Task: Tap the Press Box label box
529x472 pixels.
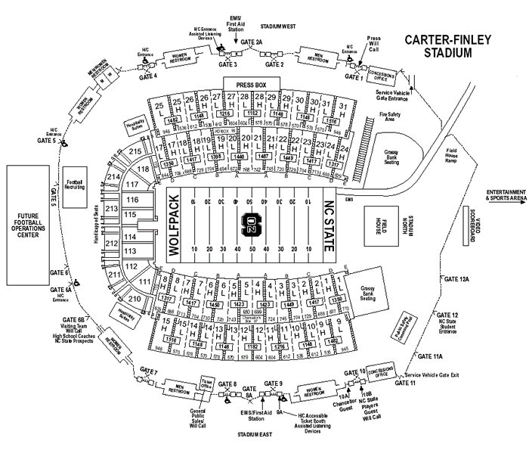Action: pyautogui.click(x=252, y=86)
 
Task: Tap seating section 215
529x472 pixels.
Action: pyautogui.click(x=135, y=152)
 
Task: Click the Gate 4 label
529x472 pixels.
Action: pyautogui.click(x=148, y=76)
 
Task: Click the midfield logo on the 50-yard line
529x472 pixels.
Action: pyautogui.click(x=251, y=224)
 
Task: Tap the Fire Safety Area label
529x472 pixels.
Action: pyautogui.click(x=388, y=116)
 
